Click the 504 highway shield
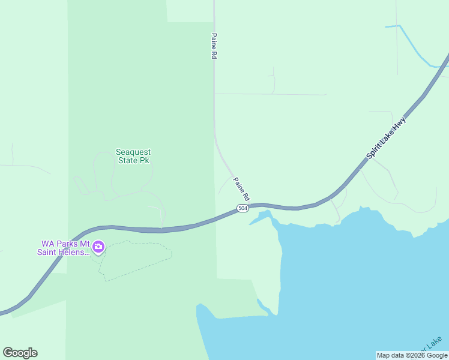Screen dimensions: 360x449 click(242, 208)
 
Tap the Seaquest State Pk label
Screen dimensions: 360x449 click(132, 157)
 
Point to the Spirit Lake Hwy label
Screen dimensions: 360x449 click(387, 137)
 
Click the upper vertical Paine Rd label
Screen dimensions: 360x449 click(214, 46)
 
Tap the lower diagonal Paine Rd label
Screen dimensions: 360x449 click(241, 188)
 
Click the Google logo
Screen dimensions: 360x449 click(20, 353)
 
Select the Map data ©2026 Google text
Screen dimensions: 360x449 click(412, 355)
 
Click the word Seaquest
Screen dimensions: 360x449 click(133, 152)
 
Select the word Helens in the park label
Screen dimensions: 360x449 click(75, 252)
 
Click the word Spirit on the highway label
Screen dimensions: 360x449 click(376, 150)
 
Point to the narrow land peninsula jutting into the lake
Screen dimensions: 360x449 click(270, 282)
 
